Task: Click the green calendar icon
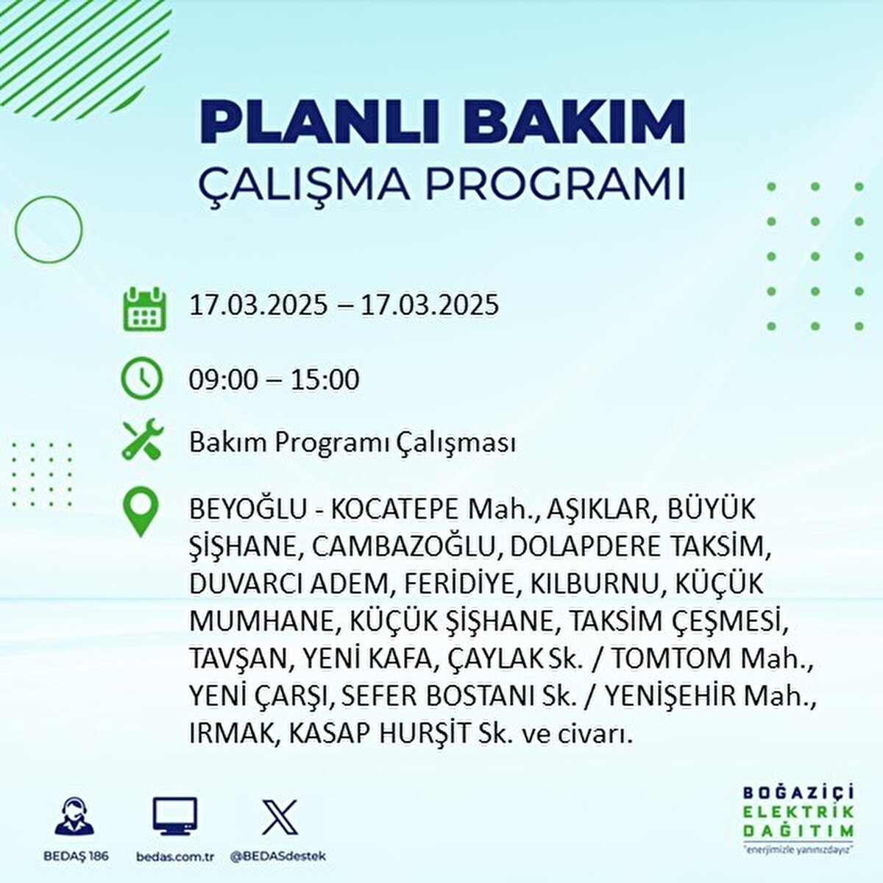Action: pos(144,309)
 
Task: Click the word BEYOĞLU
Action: pos(248,508)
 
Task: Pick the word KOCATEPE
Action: pos(394,509)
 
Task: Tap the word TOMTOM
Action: pos(673,659)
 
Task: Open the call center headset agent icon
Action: pos(74,815)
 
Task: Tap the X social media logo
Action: pos(280,816)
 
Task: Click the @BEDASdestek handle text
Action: pos(279,856)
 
